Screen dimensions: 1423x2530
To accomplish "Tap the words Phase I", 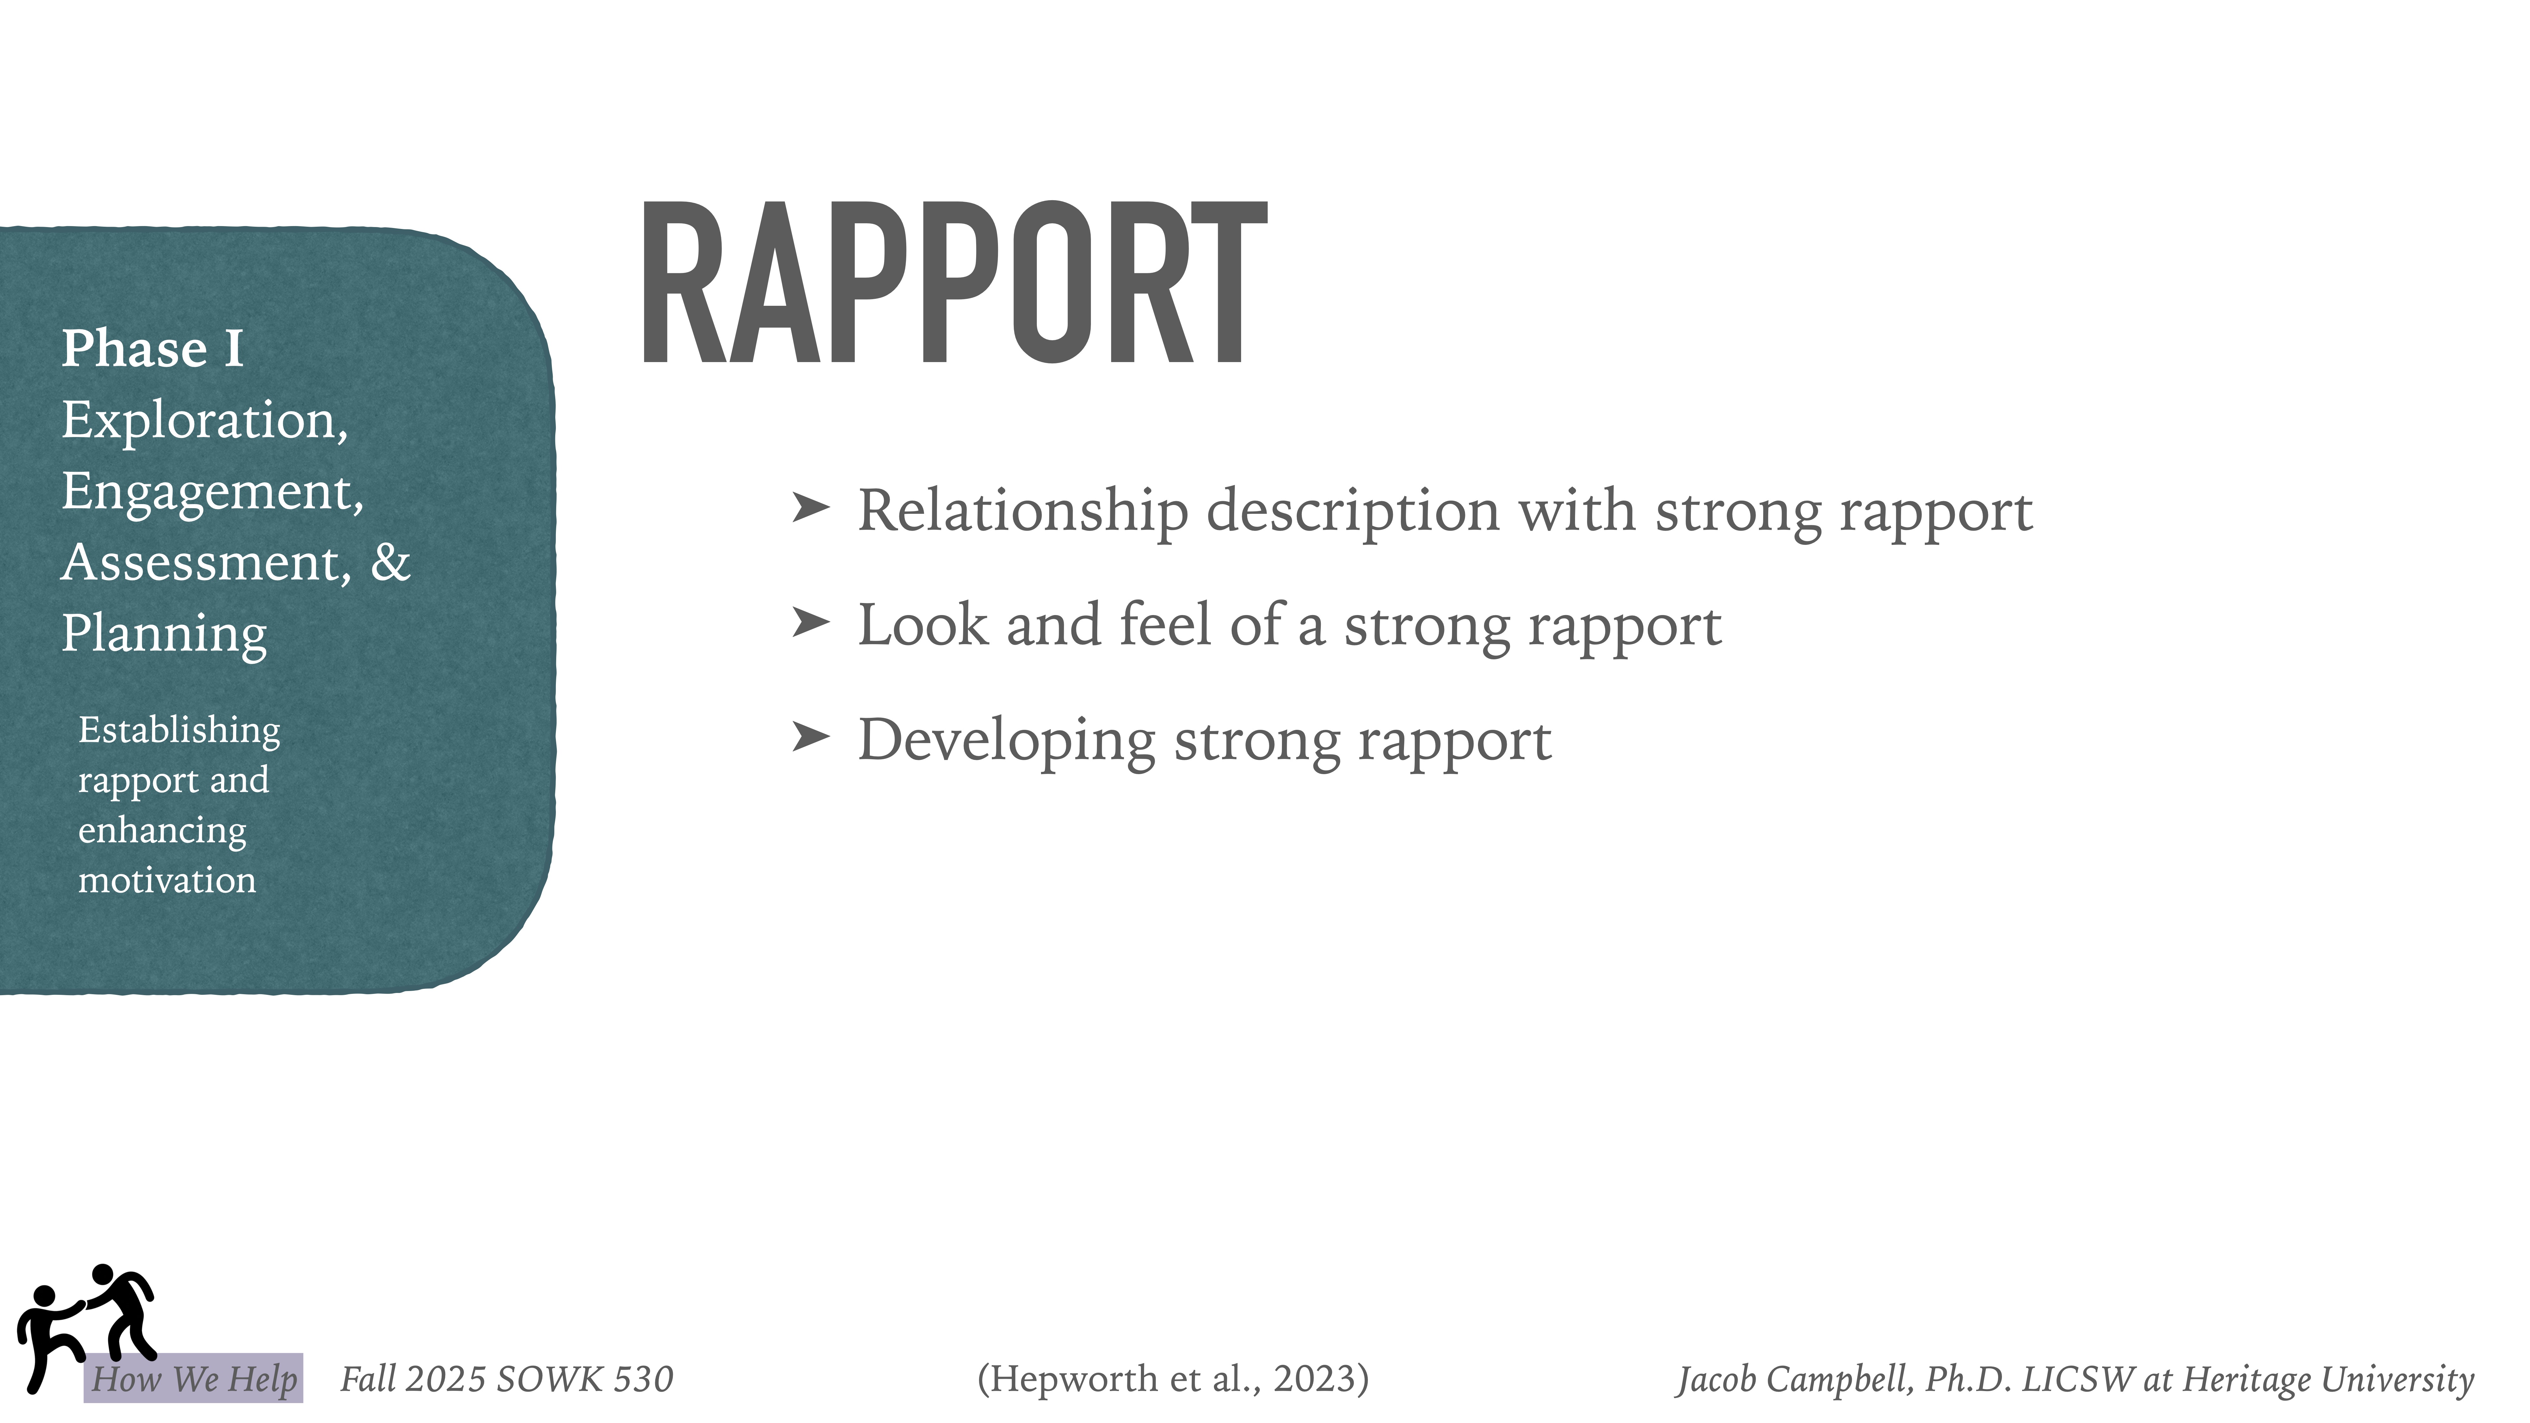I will point(152,350).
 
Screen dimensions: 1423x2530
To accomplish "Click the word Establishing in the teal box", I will point(179,731).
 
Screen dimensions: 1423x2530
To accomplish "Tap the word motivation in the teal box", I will point(167,881).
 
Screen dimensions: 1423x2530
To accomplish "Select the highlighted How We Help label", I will point(194,1379).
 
